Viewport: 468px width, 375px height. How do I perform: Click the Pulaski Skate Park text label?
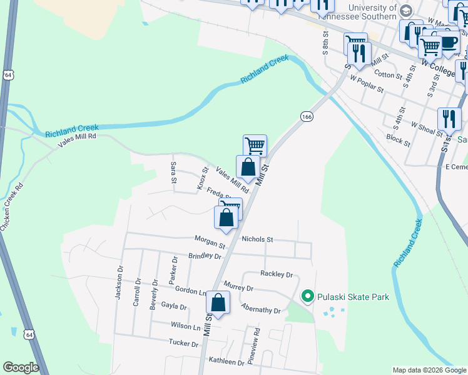click(x=353, y=296)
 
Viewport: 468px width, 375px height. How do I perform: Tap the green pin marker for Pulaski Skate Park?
click(x=307, y=296)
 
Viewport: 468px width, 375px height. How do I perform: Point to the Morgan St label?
click(x=210, y=242)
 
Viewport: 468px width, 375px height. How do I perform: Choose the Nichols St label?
click(x=257, y=239)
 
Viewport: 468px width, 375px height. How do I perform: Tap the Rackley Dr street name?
click(x=277, y=274)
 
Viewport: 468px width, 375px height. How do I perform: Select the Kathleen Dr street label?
click(x=226, y=362)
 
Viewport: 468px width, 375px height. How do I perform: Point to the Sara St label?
click(x=173, y=172)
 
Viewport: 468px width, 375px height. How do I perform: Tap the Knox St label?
click(x=202, y=177)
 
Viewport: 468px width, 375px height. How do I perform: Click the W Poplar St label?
click(x=366, y=83)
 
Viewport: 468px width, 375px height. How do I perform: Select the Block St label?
click(x=398, y=139)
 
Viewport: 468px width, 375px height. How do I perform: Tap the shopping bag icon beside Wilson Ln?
click(x=218, y=303)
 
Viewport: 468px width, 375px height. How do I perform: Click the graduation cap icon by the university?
click(x=406, y=11)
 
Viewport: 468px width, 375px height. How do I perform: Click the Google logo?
click(x=21, y=367)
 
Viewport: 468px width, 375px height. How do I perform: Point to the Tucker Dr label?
click(x=183, y=343)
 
